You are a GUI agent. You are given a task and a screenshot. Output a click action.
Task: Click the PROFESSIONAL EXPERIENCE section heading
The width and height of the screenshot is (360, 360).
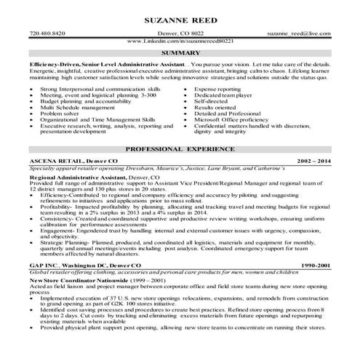click(180, 148)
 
